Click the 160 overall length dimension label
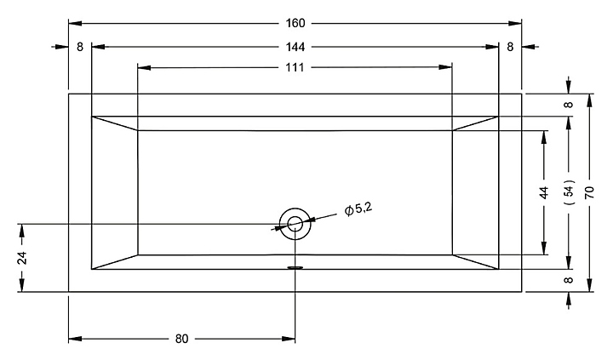[295, 23]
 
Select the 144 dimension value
[295, 46]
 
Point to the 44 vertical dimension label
[545, 192]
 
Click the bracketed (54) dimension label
[569, 192]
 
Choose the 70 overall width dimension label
[590, 192]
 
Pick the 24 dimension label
[23, 258]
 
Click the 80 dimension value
[181, 339]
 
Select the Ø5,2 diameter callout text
[358, 209]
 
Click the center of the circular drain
[295, 224]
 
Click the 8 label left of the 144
[80, 46]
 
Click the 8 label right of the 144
[510, 46]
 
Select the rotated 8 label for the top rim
[569, 105]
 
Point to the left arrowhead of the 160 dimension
[73, 23]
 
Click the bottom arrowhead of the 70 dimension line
[590, 287]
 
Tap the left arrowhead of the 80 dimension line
[73, 339]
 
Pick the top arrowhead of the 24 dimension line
[23, 228]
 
